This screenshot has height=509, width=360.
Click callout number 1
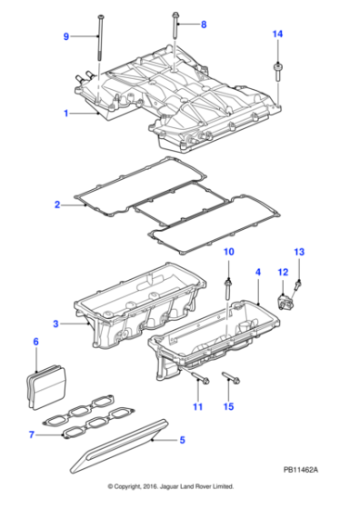[x=65, y=114]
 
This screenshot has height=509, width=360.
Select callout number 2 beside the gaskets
[x=56, y=205]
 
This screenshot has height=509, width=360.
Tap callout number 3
[x=55, y=324]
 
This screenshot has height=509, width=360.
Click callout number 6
[x=35, y=343]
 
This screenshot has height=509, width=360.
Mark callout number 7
[x=32, y=434]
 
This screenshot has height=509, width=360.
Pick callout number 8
[x=204, y=24]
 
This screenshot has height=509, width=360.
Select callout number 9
[x=65, y=36]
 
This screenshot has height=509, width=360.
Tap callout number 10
[x=228, y=251]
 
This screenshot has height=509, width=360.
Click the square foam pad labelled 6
[x=49, y=383]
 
